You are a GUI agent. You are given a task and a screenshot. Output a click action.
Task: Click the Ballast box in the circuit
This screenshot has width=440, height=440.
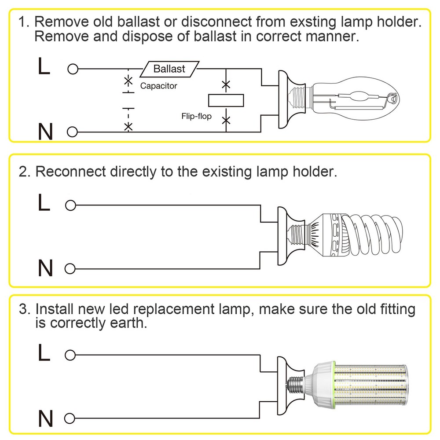tap(169, 69)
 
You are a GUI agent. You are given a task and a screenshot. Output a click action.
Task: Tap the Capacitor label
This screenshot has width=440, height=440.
tap(158, 86)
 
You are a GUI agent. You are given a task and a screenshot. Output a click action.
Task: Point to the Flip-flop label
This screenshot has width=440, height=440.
tap(196, 116)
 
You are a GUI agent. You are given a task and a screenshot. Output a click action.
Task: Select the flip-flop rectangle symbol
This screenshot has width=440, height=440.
tap(226, 101)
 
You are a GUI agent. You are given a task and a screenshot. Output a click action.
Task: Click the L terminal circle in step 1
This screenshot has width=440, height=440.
tap(73, 69)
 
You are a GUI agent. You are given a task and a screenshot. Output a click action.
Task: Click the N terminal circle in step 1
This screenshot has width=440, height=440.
tap(73, 132)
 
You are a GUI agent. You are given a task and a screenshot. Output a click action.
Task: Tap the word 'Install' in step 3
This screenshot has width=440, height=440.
tap(52, 309)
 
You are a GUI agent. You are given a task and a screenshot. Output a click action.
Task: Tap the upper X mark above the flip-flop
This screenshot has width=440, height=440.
tap(226, 84)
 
